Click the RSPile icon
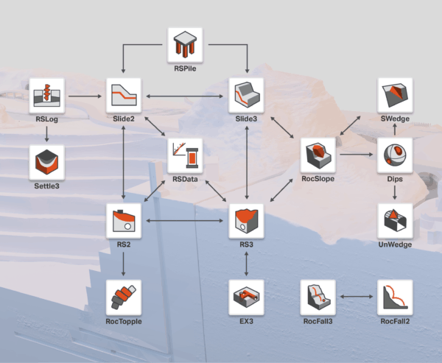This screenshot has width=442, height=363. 185,46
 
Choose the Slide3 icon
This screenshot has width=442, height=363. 246,96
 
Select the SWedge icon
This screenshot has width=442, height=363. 396,96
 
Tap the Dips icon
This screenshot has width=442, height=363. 396,155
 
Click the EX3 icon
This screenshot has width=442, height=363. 246,297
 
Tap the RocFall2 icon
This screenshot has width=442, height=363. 396,297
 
